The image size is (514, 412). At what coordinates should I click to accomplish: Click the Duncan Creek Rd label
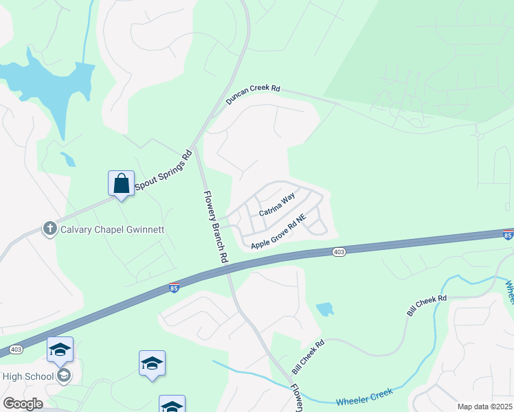point(254,95)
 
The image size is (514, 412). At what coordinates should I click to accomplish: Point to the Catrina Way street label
point(277,205)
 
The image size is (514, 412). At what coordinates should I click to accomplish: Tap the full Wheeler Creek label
point(364,397)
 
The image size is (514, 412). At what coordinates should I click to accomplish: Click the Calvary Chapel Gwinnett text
point(113,229)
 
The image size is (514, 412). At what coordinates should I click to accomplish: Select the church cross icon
point(50,229)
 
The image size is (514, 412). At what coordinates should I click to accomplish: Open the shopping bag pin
point(121,184)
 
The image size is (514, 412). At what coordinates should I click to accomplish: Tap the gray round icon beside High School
point(63,375)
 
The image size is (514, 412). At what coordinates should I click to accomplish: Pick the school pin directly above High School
point(60,350)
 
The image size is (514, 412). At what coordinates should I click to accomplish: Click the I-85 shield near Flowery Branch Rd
point(175,286)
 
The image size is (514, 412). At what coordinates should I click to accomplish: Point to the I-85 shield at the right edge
point(507,235)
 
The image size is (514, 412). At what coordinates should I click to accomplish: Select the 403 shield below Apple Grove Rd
point(339,252)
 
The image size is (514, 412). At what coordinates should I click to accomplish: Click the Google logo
point(22,404)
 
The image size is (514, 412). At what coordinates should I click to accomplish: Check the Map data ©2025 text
point(484,407)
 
